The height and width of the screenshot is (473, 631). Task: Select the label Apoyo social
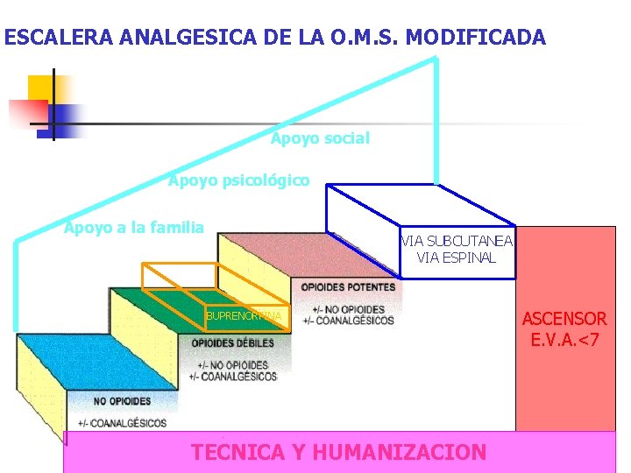point(321,138)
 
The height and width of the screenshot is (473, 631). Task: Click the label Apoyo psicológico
point(238,180)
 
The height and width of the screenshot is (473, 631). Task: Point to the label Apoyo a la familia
point(134,228)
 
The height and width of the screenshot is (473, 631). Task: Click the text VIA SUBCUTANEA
point(457,241)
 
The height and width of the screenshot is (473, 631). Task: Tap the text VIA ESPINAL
point(457,258)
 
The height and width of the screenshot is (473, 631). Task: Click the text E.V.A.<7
point(564,338)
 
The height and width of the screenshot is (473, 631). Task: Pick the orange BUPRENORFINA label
point(244,315)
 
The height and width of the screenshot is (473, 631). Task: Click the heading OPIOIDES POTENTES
point(348,287)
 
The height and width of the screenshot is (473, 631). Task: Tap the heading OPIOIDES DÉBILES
point(232,342)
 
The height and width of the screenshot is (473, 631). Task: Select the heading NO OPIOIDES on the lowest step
point(122,401)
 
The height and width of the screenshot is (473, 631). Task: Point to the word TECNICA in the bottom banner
point(238,452)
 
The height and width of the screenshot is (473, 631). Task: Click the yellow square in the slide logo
point(40,88)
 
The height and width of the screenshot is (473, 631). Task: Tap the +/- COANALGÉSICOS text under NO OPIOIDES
point(122,423)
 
